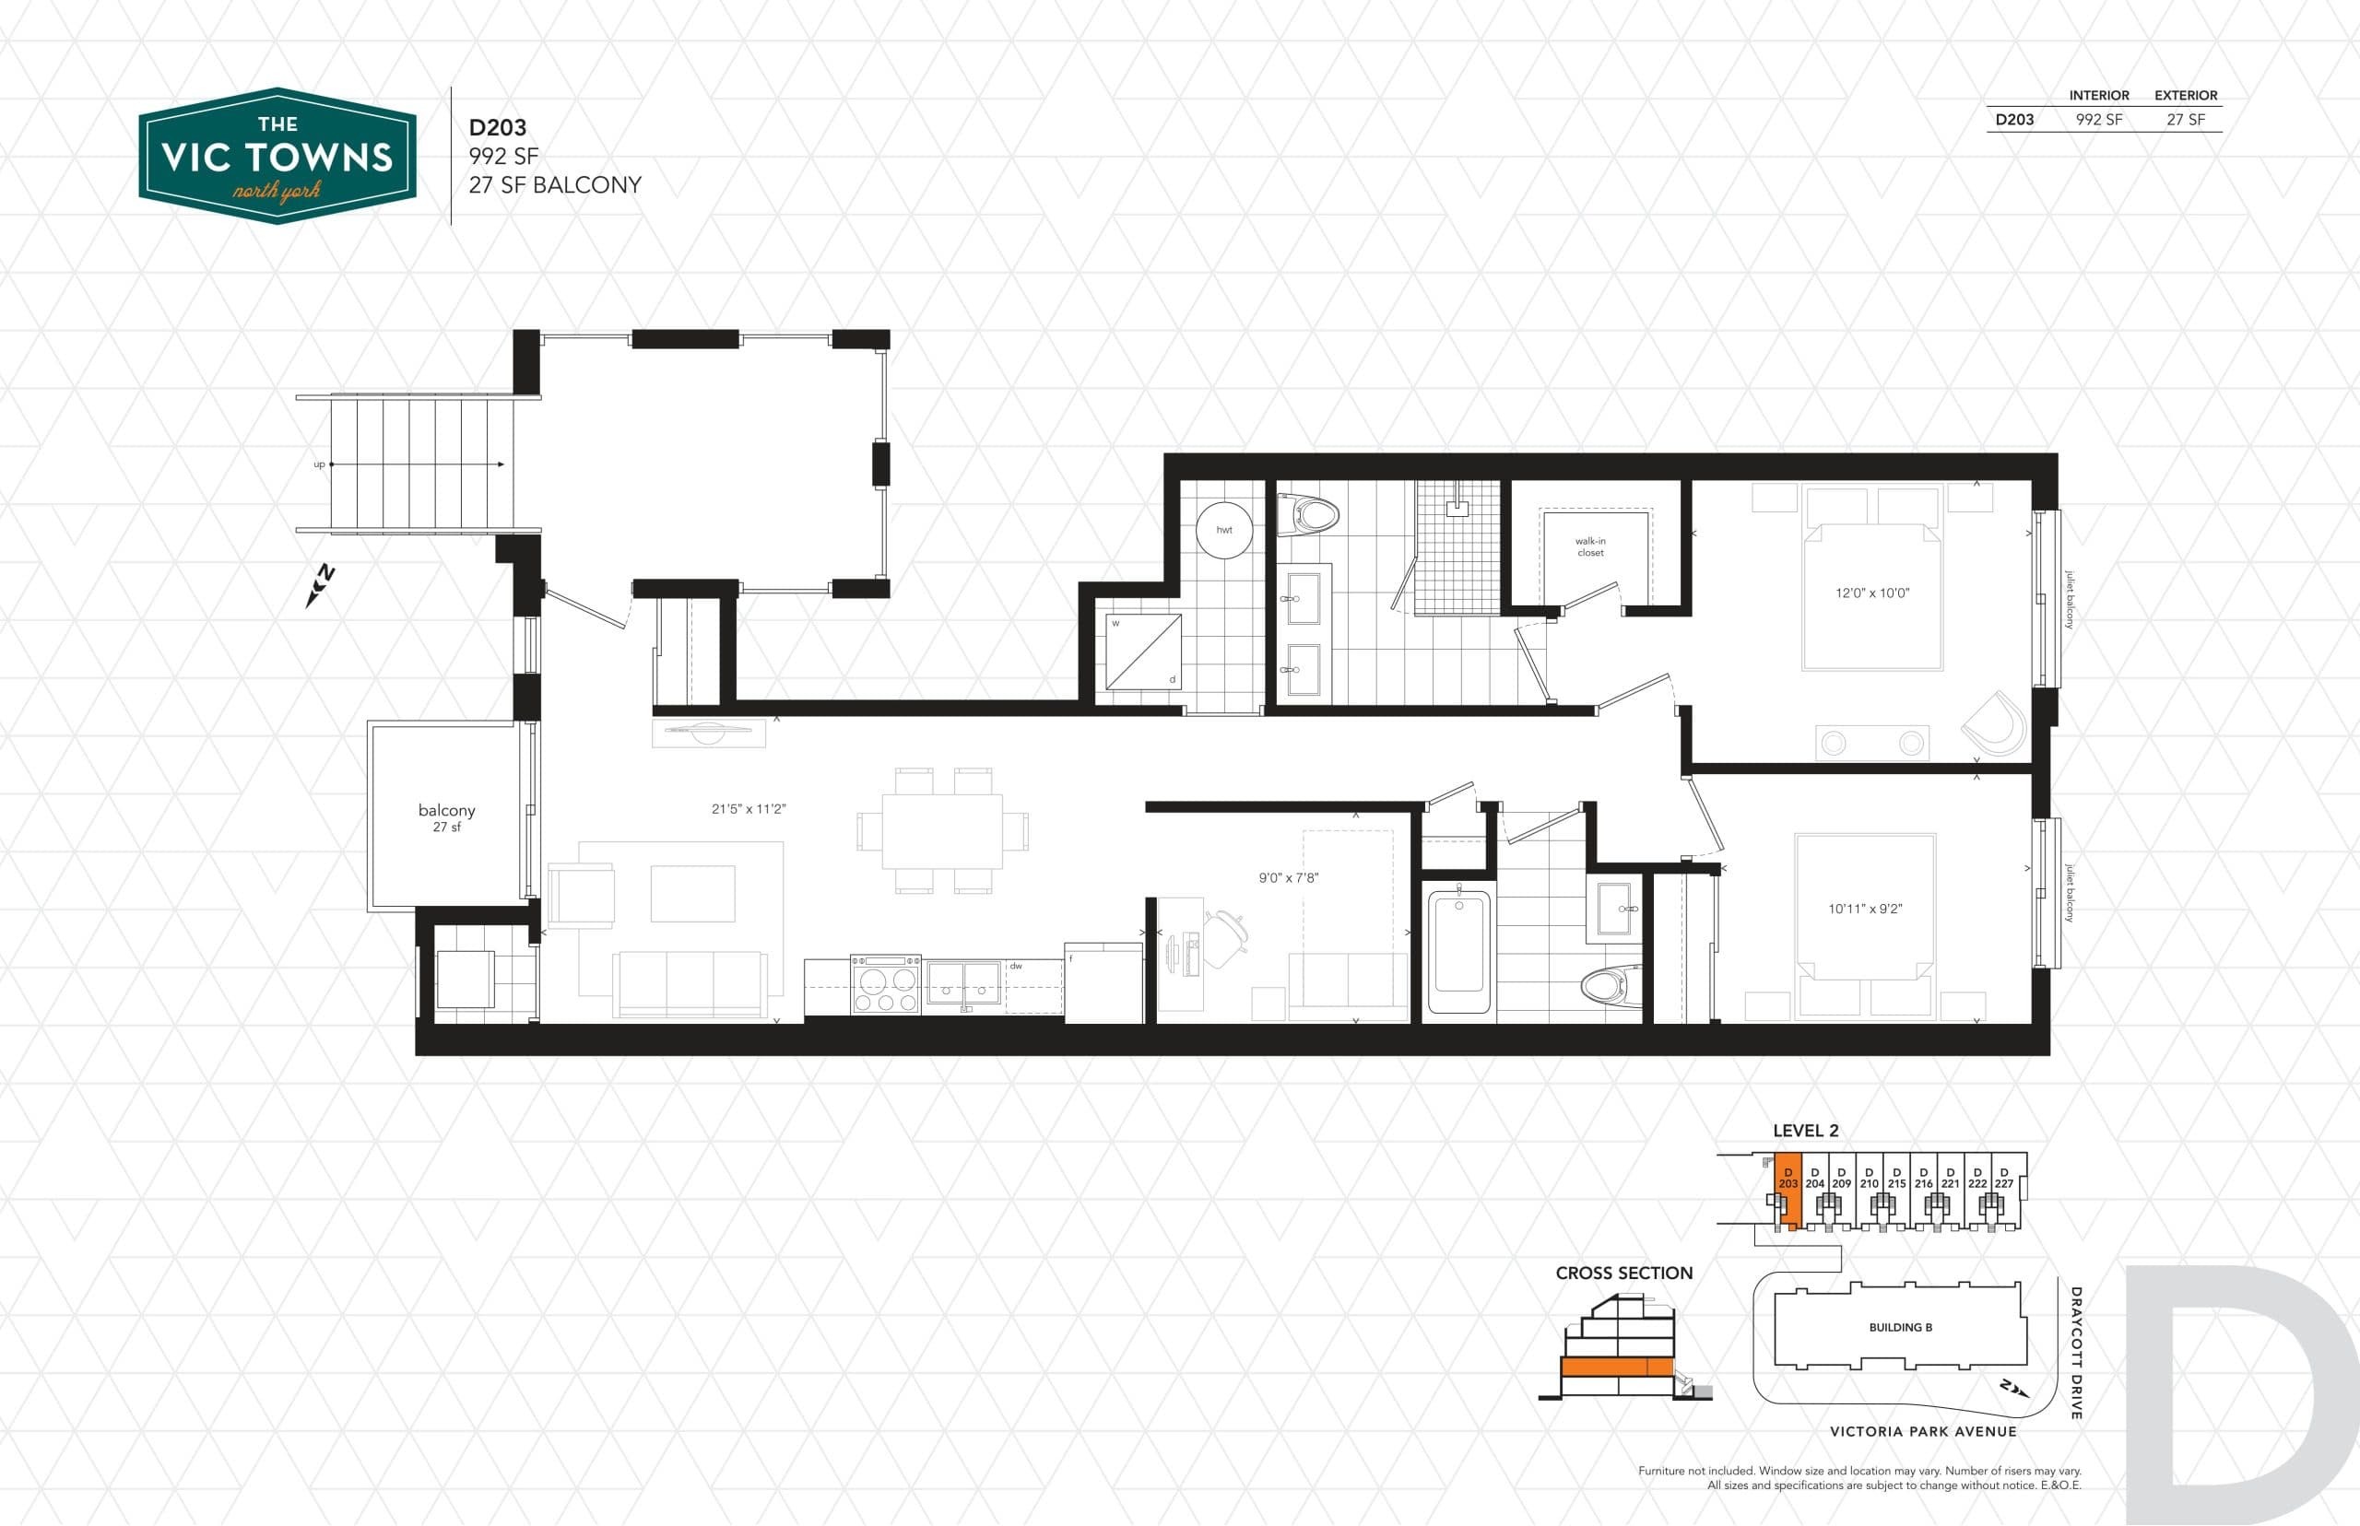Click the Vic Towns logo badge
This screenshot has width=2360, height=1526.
pos(277,157)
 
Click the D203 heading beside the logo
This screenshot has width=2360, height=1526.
pos(498,128)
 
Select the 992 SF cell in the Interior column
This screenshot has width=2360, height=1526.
pos(2098,120)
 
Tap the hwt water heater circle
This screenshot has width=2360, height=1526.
pos(1224,530)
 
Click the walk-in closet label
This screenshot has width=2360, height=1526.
pos(1590,547)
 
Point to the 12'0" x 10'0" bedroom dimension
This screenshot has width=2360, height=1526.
pos(1871,593)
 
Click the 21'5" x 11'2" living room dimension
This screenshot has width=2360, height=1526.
pos(749,808)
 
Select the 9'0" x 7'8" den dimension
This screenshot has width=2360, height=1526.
pos(1289,878)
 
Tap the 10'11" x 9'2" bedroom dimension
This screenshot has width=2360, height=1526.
pos(1864,909)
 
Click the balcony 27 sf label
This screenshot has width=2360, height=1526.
pos(446,816)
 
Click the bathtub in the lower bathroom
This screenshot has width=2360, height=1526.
pos(1459,951)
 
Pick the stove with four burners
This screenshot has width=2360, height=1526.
pos(886,985)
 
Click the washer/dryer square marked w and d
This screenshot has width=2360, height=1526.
pos(1144,651)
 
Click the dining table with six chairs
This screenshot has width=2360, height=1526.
pos(941,830)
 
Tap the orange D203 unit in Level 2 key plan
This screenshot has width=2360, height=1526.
pos(1788,1189)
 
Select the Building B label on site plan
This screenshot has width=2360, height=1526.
pos(1900,1327)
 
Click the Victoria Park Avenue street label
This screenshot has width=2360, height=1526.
pos(1922,1431)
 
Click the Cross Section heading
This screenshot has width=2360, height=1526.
pos(1623,1274)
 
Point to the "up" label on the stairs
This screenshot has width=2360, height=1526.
pos(319,464)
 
